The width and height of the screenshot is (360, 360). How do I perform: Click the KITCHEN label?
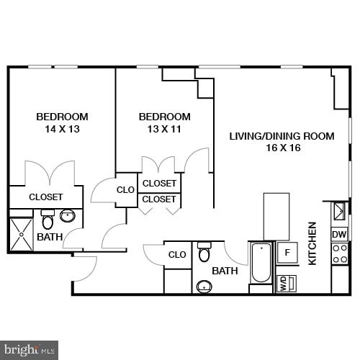point(312,243)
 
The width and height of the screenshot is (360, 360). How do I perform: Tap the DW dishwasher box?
point(338,234)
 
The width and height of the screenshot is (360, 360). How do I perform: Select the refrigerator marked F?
point(287,253)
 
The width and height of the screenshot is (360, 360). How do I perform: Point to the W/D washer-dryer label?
point(283,282)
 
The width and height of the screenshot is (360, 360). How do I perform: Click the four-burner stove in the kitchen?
point(339,253)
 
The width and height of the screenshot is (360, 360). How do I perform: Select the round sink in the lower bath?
point(204,287)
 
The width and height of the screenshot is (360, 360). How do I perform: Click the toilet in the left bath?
point(48,220)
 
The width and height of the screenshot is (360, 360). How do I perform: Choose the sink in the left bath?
point(68,215)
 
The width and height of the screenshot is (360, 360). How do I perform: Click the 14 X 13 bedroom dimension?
point(62,130)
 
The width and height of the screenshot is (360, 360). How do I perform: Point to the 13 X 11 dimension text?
point(164,130)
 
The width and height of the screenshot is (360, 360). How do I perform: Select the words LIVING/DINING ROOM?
point(282,136)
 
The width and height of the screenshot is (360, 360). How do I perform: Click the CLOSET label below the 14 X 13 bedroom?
point(45,197)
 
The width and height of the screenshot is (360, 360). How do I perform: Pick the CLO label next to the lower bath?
point(177,254)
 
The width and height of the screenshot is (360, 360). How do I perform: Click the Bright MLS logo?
point(29,351)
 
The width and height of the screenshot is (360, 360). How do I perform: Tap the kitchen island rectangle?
point(276,216)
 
